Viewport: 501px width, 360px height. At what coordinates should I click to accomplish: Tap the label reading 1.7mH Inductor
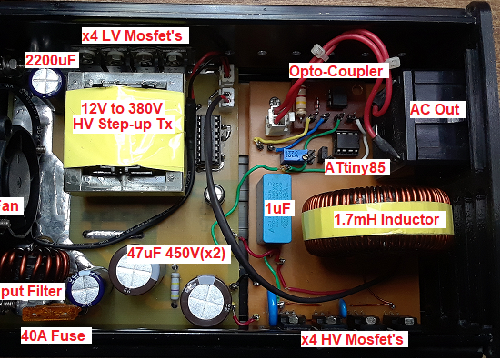(386, 220)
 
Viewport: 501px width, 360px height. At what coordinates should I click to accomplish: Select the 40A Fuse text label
(53, 335)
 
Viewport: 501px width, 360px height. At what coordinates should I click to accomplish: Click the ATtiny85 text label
(364, 167)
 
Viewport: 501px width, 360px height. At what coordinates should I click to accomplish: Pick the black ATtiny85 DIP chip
(346, 141)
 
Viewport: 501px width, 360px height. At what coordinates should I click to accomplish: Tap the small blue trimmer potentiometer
(292, 153)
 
